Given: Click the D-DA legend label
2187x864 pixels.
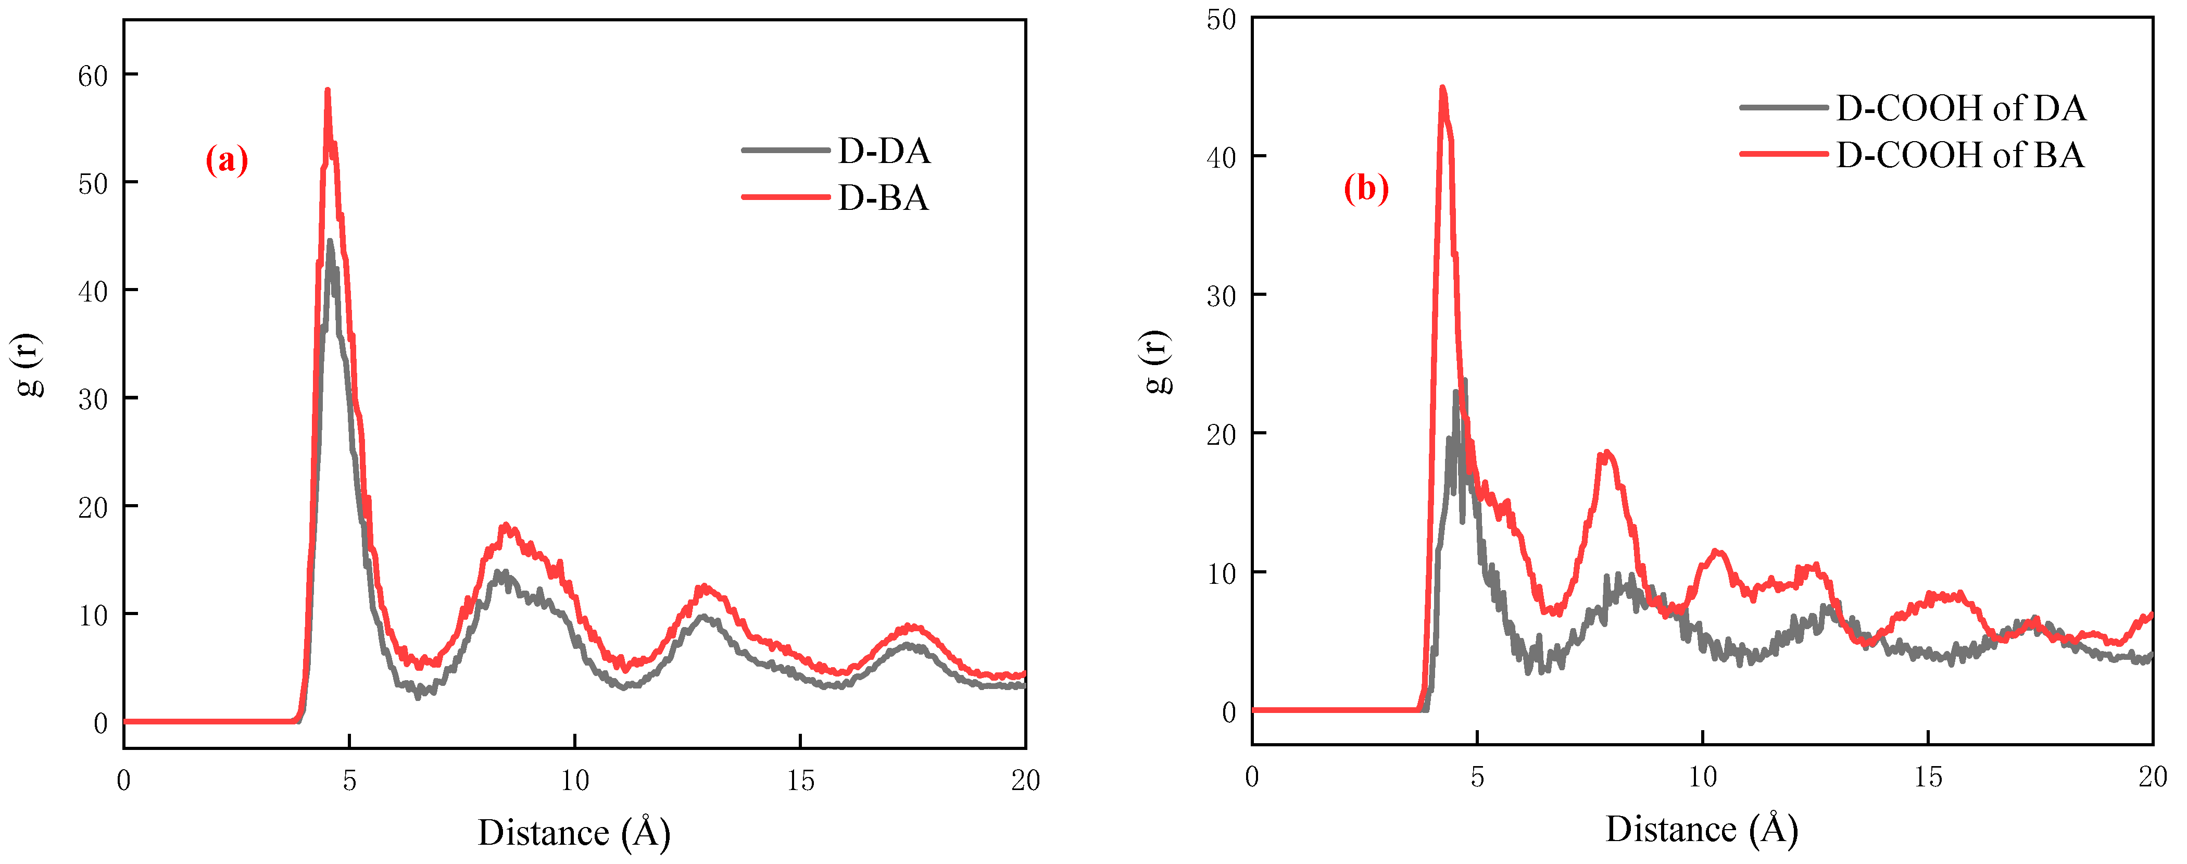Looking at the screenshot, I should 883,151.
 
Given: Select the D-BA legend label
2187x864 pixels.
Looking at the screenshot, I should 883,198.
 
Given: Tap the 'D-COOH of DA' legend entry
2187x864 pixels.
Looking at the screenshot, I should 1959,108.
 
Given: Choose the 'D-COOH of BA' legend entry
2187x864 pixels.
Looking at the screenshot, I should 1959,155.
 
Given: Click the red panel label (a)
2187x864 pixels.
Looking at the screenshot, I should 227,159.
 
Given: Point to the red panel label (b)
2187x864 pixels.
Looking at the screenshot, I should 1365,187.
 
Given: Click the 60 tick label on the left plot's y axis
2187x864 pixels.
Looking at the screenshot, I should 93,77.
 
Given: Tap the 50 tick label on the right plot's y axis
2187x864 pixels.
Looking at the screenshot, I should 1221,19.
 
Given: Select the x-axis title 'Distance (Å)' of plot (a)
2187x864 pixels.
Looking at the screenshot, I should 574,833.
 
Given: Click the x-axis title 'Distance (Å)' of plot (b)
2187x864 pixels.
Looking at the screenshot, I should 1701,829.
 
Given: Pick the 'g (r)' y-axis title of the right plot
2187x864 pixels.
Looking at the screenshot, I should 1157,362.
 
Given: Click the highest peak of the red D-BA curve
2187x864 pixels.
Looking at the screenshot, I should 327,90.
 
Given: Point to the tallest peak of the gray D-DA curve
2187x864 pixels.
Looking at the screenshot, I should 330,241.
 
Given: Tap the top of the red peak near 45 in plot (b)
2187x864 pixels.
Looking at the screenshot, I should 1441,87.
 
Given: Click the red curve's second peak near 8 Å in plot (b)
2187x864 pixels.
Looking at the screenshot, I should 1605,453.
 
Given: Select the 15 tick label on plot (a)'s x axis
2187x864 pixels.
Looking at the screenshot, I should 800,781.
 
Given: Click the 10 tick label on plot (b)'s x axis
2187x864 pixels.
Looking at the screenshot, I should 1702,777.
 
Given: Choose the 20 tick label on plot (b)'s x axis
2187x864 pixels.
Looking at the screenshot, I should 2152,777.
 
